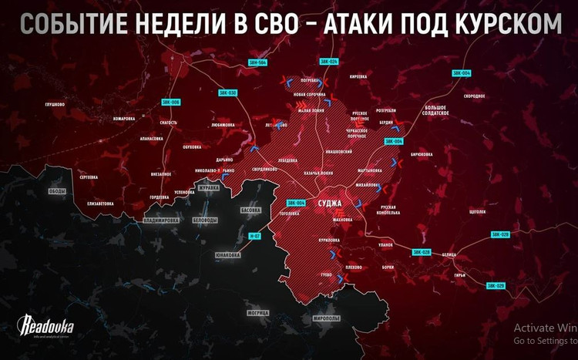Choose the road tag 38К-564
tap(258, 62)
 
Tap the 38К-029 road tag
tap(496, 285)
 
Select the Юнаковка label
tap(228, 254)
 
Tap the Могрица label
tap(257, 312)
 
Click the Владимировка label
tap(161, 220)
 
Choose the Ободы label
tap(58, 191)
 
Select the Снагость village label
tap(168, 123)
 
